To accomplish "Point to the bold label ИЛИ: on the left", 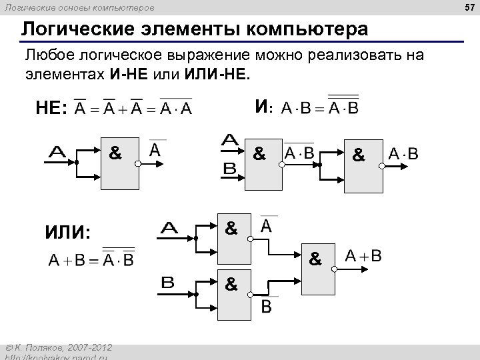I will pos(67,232).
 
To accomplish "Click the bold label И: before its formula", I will pos(263,106).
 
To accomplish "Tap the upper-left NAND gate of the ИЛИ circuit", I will pos(233,237).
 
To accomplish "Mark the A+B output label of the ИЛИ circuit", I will pos(363,256).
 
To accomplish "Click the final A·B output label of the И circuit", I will pos(403,155).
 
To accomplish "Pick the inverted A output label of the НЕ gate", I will pos(155,150).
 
